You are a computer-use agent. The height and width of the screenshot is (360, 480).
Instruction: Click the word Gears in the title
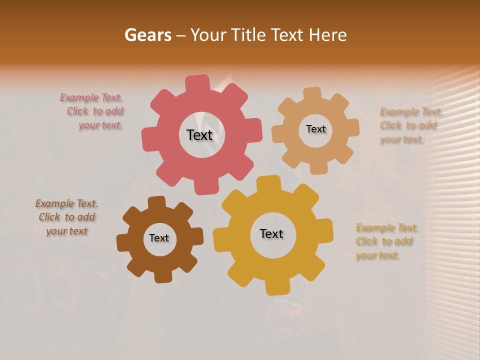click(147, 35)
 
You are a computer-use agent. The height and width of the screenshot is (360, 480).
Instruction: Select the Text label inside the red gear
click(199, 135)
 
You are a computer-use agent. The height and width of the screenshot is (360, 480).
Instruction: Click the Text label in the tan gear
click(315, 129)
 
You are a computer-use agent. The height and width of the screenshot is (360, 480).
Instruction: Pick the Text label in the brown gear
click(158, 238)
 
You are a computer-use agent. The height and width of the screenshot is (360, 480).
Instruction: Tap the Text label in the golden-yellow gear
click(271, 233)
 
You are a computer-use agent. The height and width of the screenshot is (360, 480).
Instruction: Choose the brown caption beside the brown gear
click(66, 217)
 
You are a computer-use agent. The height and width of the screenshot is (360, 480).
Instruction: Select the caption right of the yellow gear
click(386, 241)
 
